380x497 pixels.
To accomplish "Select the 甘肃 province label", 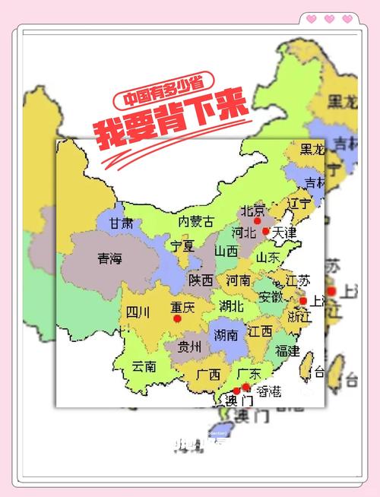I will click(x=120, y=223).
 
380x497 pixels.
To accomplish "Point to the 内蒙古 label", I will click(x=195, y=221).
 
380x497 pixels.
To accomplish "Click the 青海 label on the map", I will click(x=109, y=259).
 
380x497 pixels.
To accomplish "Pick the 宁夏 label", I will click(x=182, y=245).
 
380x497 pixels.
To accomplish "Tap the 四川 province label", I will click(x=138, y=311).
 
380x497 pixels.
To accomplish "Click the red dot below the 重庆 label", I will click(x=178, y=319).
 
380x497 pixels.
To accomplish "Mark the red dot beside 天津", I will click(x=266, y=231).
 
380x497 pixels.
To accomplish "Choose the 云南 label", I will click(x=143, y=366).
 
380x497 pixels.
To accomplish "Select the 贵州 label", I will click(x=189, y=347).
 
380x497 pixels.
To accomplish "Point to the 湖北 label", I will click(x=231, y=306).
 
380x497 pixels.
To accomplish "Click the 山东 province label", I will click(x=268, y=258).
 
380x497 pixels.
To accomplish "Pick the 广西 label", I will click(x=208, y=374).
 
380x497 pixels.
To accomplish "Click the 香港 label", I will click(x=268, y=391).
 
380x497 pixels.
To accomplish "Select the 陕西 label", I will click(x=201, y=280).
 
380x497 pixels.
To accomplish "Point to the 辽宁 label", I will click(x=299, y=204).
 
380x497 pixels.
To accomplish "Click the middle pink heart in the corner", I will click(x=329, y=19).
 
